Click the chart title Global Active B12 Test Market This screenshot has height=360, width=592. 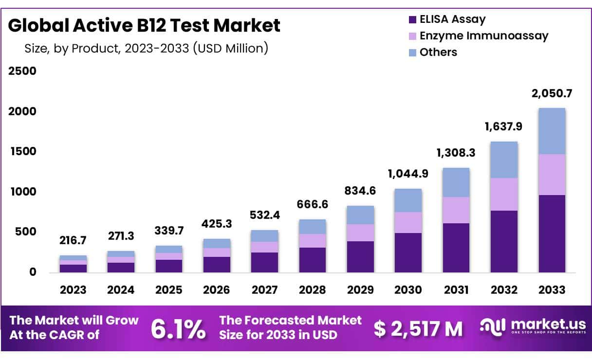[x=144, y=25]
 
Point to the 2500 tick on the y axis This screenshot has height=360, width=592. [x=22, y=71]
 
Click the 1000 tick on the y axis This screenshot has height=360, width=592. [x=22, y=192]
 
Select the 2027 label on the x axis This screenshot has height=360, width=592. [x=264, y=290]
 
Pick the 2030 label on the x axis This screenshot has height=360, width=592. [x=407, y=290]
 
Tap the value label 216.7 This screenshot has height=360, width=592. [x=73, y=241]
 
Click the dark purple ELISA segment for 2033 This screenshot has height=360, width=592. [x=552, y=234]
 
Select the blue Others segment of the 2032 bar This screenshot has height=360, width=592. [x=504, y=160]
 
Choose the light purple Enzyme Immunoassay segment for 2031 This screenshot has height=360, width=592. [x=456, y=210]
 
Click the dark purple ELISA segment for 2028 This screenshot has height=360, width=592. [x=313, y=260]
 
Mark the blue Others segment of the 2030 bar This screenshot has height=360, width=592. [x=408, y=200]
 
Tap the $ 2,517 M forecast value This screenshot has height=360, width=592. [x=418, y=329]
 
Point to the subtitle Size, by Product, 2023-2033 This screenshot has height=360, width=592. [x=146, y=49]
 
